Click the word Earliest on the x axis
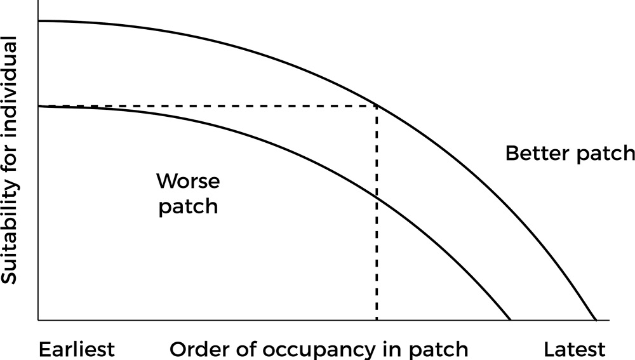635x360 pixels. click(77, 349)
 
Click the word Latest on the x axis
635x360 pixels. click(574, 349)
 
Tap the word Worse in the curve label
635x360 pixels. click(188, 180)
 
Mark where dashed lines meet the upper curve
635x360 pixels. click(377, 106)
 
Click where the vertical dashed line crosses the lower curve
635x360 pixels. click(377, 196)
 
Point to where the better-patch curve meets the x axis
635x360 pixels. click(596, 320)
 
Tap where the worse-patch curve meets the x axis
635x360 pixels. click(511, 320)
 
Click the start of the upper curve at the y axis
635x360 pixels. click(39, 21)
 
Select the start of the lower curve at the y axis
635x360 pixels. click(39, 106)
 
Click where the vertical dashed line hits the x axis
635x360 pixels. click(377, 320)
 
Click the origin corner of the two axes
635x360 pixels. click(39, 320)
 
